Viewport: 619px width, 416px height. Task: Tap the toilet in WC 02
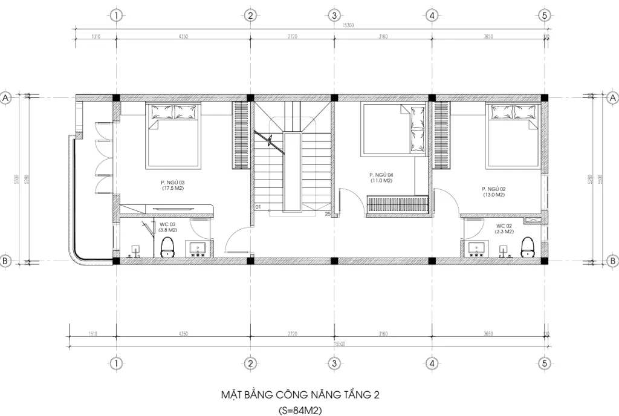[528, 247]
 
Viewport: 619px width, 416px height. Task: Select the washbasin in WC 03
[197, 249]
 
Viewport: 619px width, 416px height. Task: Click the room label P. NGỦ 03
[172, 182]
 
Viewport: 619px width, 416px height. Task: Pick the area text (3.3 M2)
[504, 232]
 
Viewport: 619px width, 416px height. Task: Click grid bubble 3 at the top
[333, 16]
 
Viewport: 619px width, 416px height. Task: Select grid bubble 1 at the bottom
[115, 363]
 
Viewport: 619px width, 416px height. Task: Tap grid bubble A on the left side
[6, 97]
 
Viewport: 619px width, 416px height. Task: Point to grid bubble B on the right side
[612, 261]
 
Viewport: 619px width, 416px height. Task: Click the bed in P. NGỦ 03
[174, 136]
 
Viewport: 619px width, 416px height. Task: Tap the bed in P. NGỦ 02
[513, 135]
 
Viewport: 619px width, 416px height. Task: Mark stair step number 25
[328, 213]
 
